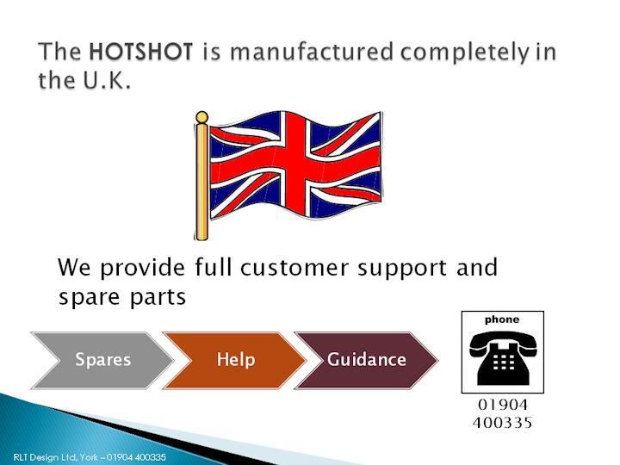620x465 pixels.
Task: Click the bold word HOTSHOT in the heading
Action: [140, 52]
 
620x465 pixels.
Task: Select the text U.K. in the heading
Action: [107, 80]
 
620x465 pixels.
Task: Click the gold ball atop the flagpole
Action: [201, 117]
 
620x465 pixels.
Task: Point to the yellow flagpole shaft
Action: [201, 182]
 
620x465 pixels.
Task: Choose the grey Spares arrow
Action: [102, 360]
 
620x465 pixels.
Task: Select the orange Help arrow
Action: [234, 360]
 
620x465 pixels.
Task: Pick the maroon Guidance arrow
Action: [367, 360]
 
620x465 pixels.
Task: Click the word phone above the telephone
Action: [502, 319]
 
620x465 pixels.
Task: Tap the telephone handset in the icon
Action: [503, 341]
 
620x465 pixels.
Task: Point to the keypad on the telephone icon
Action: [504, 362]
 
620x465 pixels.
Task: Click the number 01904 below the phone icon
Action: [503, 405]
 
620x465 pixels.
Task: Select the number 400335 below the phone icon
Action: [502, 423]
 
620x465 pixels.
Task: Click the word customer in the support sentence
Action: [294, 268]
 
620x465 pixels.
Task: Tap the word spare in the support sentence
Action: [89, 298]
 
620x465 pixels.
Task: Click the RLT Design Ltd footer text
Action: [90, 457]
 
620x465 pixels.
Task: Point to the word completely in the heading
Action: [465, 53]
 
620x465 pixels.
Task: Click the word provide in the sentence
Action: [142, 268]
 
